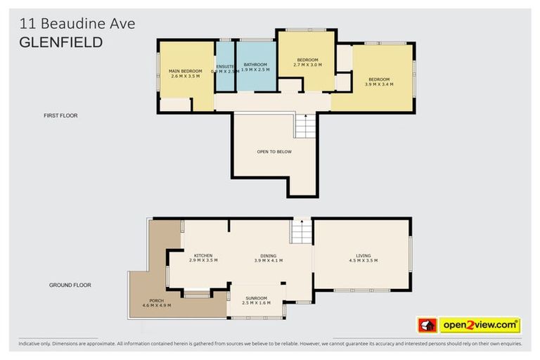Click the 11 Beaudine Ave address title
pyautogui.click(x=77, y=24)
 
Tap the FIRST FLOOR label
pyautogui.click(x=60, y=115)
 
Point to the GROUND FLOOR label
pyautogui.click(x=70, y=285)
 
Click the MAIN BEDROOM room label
pyautogui.click(x=186, y=71)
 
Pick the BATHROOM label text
pyautogui.click(x=255, y=65)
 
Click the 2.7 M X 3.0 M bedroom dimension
pyautogui.click(x=308, y=65)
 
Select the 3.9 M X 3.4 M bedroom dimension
pyautogui.click(x=379, y=84)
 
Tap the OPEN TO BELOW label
pyautogui.click(x=274, y=152)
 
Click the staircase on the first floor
pyautogui.click(x=305, y=127)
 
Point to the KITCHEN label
pyautogui.click(x=203, y=255)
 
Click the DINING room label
pyautogui.click(x=268, y=255)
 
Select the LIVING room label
pyautogui.click(x=363, y=255)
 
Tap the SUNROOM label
pyautogui.click(x=255, y=298)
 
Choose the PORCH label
pyautogui.click(x=156, y=300)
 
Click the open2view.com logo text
pyautogui.click(x=479, y=326)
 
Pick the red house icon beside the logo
pyautogui.click(x=427, y=326)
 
